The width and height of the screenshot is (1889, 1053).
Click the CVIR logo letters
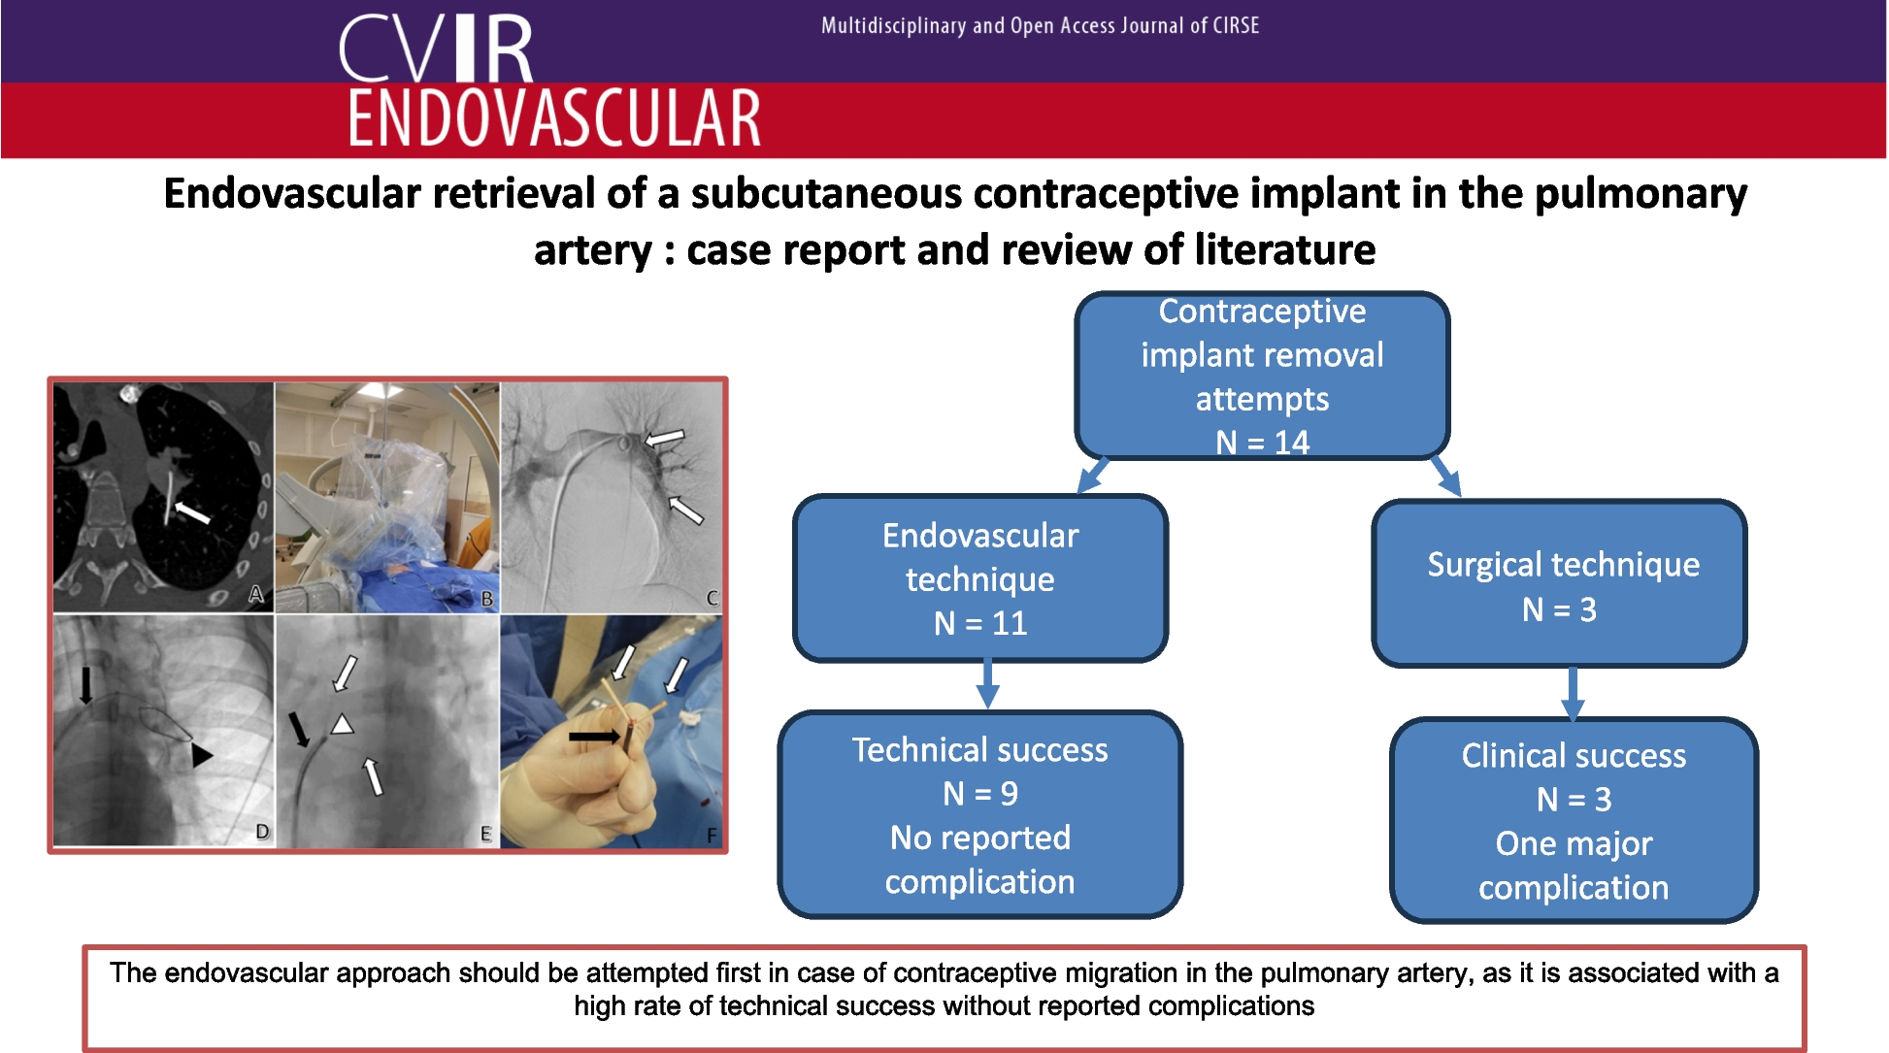pyautogui.click(x=437, y=49)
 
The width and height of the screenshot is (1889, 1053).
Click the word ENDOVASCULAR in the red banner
pyautogui.click(x=554, y=118)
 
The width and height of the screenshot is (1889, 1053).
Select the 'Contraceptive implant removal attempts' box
pyautogui.click(x=1262, y=376)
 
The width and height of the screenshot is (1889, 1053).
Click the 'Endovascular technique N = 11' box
pyautogui.click(x=980, y=578)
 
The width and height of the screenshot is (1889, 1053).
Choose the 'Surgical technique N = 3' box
pyautogui.click(x=1560, y=584)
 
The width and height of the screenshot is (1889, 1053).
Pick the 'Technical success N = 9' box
pyautogui.click(x=980, y=815)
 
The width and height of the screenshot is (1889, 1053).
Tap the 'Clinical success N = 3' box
pyautogui.click(x=1574, y=821)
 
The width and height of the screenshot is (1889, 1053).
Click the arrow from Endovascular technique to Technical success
pyautogui.click(x=987, y=684)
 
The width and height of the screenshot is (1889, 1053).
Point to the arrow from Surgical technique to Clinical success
pyautogui.click(x=1573, y=693)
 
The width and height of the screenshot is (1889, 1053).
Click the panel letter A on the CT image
pyautogui.click(x=256, y=594)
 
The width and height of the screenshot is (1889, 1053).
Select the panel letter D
pyautogui.click(x=262, y=832)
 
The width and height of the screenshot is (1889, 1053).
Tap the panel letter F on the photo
pyautogui.click(x=712, y=835)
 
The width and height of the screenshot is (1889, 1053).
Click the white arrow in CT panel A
pyautogui.click(x=191, y=511)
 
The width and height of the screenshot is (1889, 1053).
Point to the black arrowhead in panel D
pyautogui.click(x=201, y=755)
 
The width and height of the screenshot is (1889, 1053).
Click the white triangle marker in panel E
pyautogui.click(x=342, y=724)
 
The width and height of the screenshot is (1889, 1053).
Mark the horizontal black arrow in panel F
pyautogui.click(x=594, y=737)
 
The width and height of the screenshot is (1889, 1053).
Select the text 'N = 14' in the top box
pyautogui.click(x=1262, y=443)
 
